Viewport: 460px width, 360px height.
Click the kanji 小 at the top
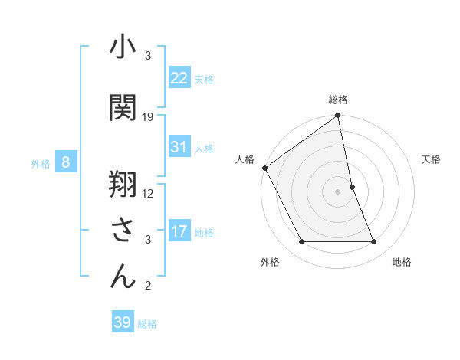pyautogui.click(x=123, y=48)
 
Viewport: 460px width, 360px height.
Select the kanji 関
pyautogui.click(x=123, y=106)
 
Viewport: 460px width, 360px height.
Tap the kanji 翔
pyautogui.click(x=123, y=183)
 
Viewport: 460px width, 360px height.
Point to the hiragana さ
pyautogui.click(x=123, y=230)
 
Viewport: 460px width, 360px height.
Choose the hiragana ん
pyautogui.click(x=123, y=277)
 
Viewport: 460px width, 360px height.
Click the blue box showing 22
pyautogui.click(x=179, y=78)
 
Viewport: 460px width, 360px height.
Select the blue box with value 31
pyautogui.click(x=179, y=147)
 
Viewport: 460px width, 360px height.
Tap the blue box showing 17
pyautogui.click(x=179, y=231)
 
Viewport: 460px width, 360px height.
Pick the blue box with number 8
pyautogui.click(x=67, y=162)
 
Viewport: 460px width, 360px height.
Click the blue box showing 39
pyautogui.click(x=123, y=322)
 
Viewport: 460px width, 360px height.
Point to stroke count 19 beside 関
pyautogui.click(x=148, y=117)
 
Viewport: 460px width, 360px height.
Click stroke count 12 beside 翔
pyautogui.click(x=148, y=193)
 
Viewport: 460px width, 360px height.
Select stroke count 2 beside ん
pyautogui.click(x=148, y=286)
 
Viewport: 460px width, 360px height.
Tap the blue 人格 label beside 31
pyautogui.click(x=204, y=148)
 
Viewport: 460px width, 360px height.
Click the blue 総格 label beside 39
pyautogui.click(x=147, y=323)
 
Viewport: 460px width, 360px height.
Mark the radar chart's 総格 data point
pyautogui.click(x=337, y=116)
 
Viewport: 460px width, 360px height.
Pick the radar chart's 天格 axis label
pyautogui.click(x=432, y=159)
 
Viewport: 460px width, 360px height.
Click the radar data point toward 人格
pyautogui.click(x=264, y=168)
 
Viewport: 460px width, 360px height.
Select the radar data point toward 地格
pyautogui.click(x=374, y=242)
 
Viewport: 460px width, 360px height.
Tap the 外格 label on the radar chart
pyautogui.click(x=270, y=262)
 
